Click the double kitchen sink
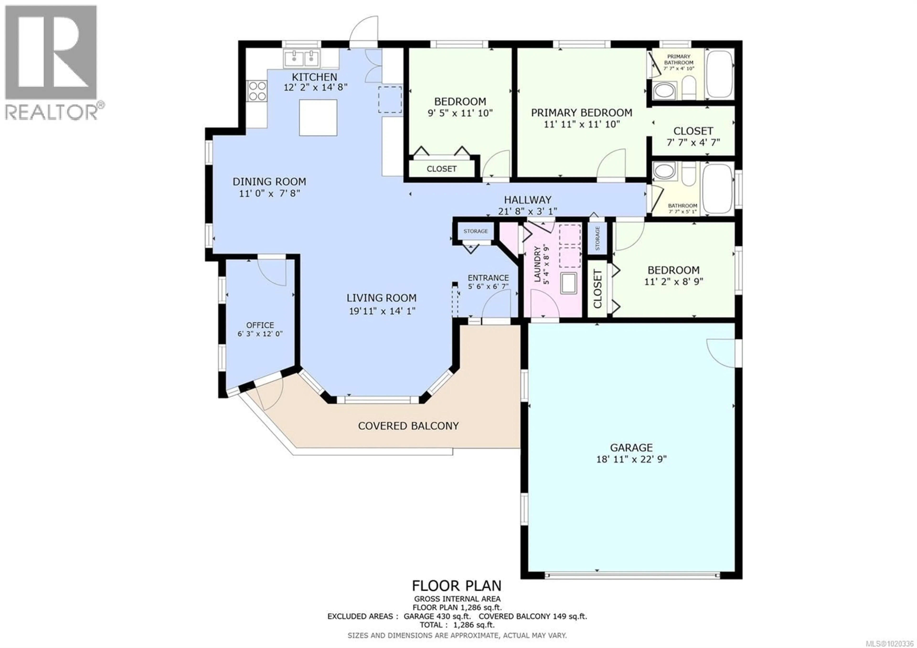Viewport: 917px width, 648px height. click(x=302, y=59)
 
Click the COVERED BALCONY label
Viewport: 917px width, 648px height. click(x=408, y=426)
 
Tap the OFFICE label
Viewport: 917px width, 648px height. click(x=260, y=325)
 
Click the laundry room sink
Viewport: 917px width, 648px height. click(x=569, y=283)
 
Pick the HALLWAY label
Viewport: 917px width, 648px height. click(x=527, y=200)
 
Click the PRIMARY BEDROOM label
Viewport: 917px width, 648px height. click(x=581, y=113)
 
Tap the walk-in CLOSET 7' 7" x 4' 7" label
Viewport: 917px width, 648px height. click(x=693, y=131)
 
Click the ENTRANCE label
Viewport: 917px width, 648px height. click(x=488, y=278)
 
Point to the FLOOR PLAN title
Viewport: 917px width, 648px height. click(x=457, y=586)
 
